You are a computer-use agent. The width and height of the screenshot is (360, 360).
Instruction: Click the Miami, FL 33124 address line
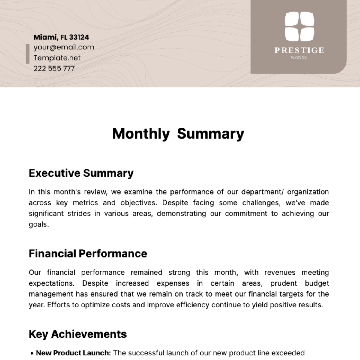(61, 37)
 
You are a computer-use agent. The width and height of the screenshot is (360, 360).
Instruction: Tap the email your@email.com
(64, 47)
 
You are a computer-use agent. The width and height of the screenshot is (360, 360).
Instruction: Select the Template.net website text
(57, 58)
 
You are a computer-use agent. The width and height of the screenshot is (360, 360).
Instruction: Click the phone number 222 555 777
(54, 68)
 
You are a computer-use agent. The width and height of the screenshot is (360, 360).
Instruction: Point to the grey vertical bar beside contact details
(28, 54)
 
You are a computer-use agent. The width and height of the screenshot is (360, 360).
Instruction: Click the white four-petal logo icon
(299, 26)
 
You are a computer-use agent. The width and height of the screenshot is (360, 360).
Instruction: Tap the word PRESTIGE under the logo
(299, 50)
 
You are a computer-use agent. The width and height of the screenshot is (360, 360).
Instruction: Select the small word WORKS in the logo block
(299, 58)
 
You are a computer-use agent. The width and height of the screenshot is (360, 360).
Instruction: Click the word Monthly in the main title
(141, 133)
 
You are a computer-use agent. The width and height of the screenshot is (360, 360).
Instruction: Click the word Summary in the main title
(211, 133)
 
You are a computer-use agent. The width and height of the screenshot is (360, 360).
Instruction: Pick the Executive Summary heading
(81, 173)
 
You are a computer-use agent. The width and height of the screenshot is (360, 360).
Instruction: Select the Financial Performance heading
(88, 254)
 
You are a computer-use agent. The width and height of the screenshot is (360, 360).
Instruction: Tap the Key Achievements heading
(78, 334)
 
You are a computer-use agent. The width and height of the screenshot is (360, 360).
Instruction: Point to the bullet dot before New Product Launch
(32, 354)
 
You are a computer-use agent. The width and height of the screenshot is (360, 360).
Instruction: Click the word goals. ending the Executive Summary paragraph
(38, 224)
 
